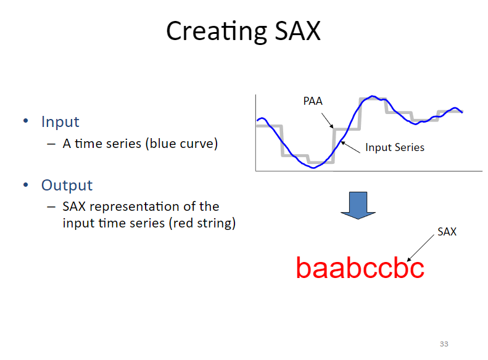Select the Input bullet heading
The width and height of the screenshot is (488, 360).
click(x=60, y=122)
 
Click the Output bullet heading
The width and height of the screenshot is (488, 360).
click(x=67, y=185)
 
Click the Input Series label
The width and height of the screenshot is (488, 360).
click(x=395, y=147)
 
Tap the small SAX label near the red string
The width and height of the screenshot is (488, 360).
click(x=447, y=232)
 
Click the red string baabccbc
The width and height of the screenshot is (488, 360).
click(x=360, y=268)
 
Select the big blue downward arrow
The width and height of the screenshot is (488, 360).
click(x=358, y=205)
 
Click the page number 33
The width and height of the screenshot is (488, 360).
click(x=444, y=344)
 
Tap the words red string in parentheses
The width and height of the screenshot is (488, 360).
click(x=202, y=223)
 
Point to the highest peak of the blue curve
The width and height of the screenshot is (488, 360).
click(x=372, y=97)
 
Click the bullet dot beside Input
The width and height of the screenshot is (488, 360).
click(x=27, y=121)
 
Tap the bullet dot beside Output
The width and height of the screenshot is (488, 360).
click(x=27, y=185)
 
